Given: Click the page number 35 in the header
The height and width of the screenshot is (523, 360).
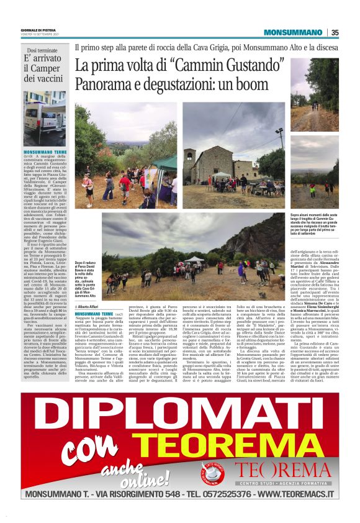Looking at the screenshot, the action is click(335, 33).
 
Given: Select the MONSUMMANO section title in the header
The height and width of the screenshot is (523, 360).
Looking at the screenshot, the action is click(293, 33).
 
